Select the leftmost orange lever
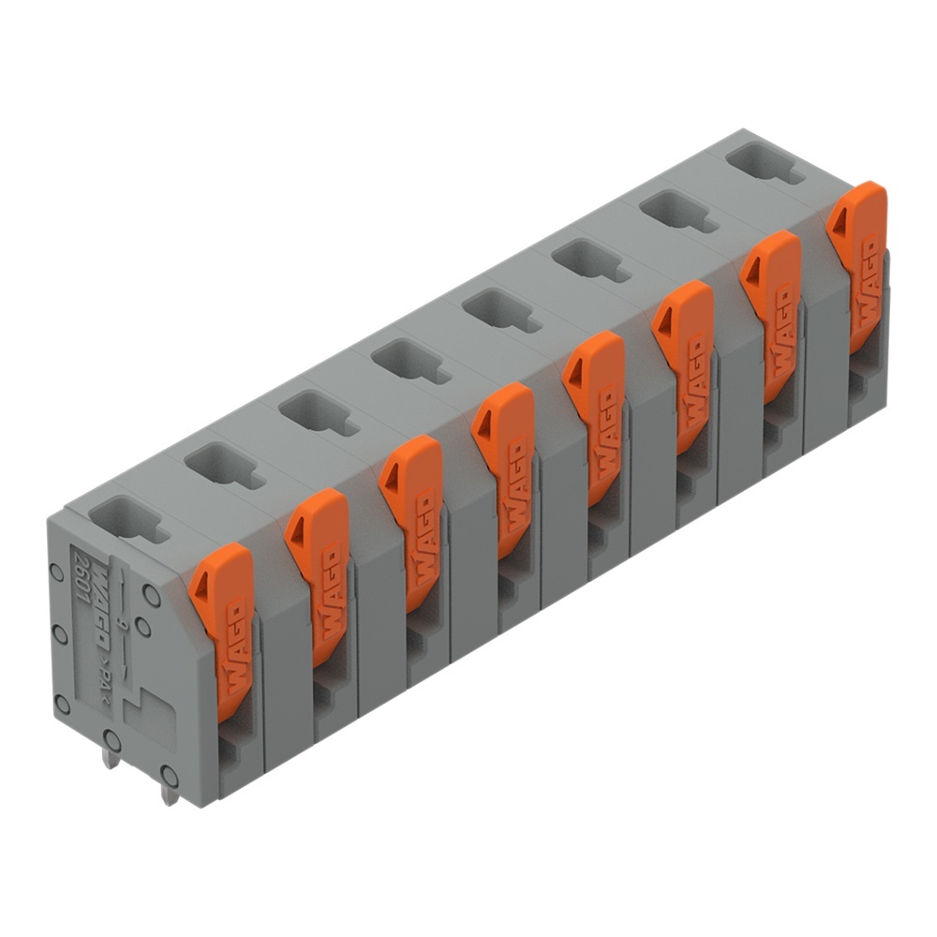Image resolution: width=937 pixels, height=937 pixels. [222, 628]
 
